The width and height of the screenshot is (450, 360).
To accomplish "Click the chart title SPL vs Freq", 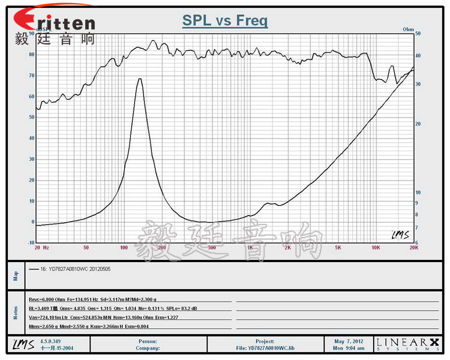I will click(225, 22).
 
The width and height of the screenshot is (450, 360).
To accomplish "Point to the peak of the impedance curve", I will click(140, 79).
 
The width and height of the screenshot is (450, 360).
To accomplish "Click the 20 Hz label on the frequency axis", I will click(41, 247).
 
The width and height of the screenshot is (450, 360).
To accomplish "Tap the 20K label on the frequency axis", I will click(413, 247).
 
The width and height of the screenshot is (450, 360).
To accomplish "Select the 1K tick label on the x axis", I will click(250, 247).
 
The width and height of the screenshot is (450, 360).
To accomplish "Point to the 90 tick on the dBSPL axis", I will click(32, 34).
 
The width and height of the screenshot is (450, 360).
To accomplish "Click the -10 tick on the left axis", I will click(31, 242).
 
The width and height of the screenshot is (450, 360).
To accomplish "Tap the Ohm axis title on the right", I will click(409, 29).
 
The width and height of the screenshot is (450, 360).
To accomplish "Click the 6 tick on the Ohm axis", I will click(418, 242).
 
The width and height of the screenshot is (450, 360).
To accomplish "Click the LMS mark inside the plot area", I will click(400, 235).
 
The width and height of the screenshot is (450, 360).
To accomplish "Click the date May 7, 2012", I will click(349, 341).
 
